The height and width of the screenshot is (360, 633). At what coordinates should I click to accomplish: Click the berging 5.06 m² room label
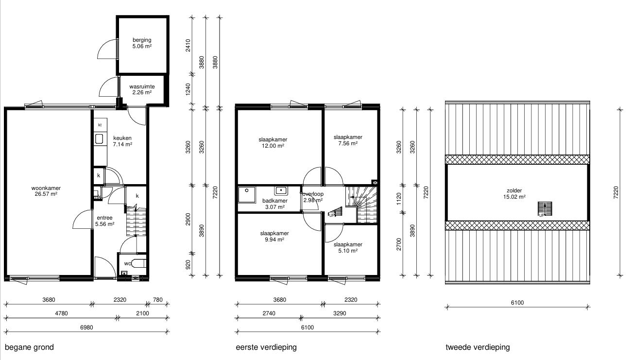[142, 43]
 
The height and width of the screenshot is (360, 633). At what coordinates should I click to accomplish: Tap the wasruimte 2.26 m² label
[142, 89]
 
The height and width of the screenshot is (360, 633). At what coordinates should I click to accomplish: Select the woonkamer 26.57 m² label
[46, 191]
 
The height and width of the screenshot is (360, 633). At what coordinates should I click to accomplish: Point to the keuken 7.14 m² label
[122, 141]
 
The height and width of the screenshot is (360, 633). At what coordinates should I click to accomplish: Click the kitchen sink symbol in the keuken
[99, 139]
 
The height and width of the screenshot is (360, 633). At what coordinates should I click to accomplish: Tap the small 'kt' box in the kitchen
[100, 125]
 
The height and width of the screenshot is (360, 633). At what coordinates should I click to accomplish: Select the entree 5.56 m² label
[104, 221]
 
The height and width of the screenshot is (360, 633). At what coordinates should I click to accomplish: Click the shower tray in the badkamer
[247, 195]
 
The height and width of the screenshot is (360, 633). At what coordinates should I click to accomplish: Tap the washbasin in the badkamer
[281, 191]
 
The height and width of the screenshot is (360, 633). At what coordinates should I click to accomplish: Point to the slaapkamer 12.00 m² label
[273, 143]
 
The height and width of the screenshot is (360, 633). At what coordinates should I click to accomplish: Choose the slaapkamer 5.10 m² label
[348, 248]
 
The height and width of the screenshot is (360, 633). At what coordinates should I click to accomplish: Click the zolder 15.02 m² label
[514, 194]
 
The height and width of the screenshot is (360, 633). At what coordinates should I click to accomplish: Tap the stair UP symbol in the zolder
[545, 209]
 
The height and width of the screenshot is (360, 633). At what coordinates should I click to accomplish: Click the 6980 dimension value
[86, 327]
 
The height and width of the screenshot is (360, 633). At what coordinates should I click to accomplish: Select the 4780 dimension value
[61, 313]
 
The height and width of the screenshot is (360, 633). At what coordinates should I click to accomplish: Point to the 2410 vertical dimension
[188, 46]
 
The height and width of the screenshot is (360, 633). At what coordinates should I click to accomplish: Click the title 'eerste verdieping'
[266, 347]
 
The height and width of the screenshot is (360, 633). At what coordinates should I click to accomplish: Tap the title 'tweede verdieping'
[478, 347]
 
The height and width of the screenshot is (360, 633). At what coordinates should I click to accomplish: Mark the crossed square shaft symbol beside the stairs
[375, 183]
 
